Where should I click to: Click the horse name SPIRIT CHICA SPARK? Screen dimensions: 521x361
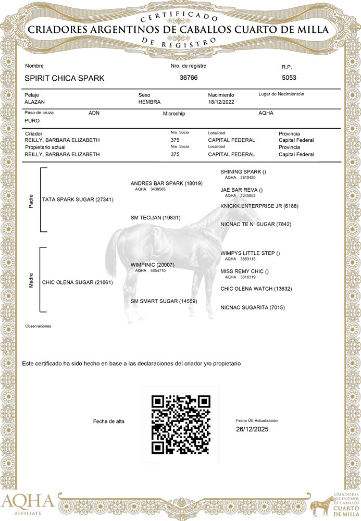point(65,78)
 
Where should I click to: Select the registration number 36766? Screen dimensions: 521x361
point(189,78)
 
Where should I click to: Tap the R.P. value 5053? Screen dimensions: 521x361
point(289,78)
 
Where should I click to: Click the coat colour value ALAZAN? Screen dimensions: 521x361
point(36,102)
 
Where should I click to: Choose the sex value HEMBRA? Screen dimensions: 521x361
point(150,102)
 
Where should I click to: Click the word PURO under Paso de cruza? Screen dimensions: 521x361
point(32,120)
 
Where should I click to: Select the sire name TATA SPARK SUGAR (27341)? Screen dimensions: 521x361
point(78,200)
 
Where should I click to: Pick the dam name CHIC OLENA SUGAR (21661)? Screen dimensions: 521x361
point(78,282)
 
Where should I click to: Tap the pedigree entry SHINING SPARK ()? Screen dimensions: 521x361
point(243,171)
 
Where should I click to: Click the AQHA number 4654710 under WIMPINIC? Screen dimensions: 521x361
point(158,271)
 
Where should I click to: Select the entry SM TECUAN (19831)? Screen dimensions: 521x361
point(156,217)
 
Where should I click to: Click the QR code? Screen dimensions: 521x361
point(181,424)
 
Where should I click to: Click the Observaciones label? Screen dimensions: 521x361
point(39,326)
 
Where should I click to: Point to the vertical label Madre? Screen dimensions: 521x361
point(31,280)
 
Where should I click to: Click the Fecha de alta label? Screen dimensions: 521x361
point(108,421)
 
